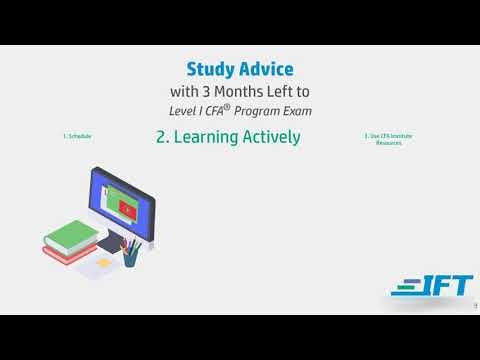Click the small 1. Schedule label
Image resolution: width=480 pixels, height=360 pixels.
pos(77,136)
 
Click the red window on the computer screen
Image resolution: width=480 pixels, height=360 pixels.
pos(125,207)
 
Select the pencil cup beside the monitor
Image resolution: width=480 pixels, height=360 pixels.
pos(129,257)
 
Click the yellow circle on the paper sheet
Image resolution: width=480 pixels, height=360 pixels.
pos(103,261)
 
